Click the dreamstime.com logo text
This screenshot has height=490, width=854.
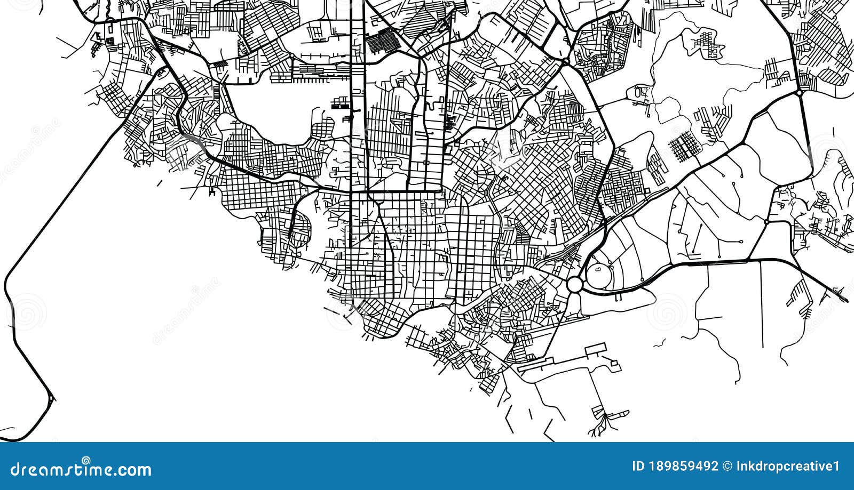[77, 470]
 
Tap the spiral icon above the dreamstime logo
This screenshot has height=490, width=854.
[86, 460]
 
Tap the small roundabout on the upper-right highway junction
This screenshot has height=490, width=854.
[799, 93]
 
